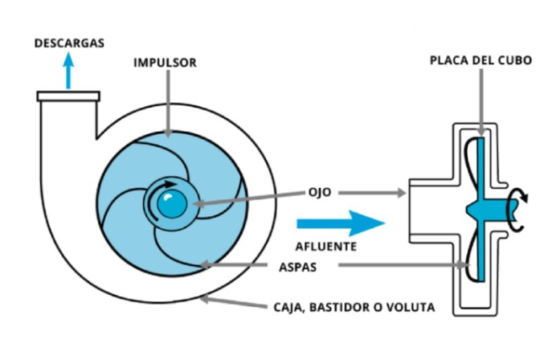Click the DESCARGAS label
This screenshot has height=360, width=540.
coord(69,44)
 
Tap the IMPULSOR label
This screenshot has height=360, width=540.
coord(165,63)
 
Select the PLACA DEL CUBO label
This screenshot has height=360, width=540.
coord(477,61)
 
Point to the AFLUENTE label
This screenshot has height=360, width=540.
coord(326,247)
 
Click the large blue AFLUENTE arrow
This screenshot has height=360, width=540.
coord(340,224)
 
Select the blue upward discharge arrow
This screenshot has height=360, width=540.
coord(68,71)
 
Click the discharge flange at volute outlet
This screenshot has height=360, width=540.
coord(68,96)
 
